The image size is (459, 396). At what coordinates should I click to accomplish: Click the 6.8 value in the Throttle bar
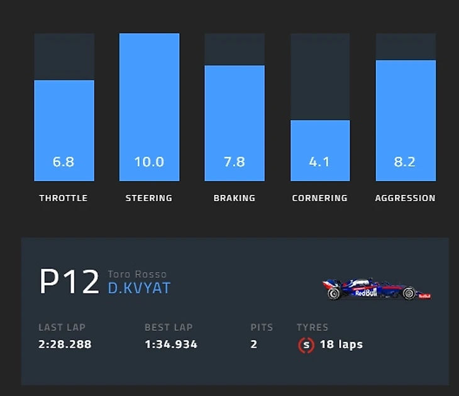[64, 162]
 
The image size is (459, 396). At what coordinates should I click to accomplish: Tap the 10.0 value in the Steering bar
[149, 162]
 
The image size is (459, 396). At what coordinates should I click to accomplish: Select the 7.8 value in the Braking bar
[235, 162]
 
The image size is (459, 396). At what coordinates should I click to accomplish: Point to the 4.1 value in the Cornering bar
[319, 162]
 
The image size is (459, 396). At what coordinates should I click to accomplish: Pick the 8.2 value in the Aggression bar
[405, 162]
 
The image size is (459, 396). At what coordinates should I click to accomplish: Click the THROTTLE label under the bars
[64, 198]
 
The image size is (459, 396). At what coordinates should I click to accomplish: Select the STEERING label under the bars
[149, 198]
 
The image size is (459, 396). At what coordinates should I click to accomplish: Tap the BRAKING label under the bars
[235, 198]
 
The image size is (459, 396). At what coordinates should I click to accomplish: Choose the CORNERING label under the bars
[319, 198]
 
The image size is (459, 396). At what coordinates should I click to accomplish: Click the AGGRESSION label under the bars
[405, 198]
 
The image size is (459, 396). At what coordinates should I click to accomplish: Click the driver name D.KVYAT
[139, 289]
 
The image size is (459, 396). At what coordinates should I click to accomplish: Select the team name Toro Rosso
[137, 274]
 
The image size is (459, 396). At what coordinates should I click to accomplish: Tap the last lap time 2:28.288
[65, 344]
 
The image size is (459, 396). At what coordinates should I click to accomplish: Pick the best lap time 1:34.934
[171, 344]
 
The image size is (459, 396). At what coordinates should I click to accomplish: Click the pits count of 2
[254, 344]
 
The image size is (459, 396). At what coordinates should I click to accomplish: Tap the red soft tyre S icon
[306, 344]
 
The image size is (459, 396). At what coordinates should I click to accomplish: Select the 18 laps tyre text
[341, 344]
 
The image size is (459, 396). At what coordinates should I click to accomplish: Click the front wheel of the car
[409, 293]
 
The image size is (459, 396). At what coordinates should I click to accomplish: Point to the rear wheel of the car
[334, 293]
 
